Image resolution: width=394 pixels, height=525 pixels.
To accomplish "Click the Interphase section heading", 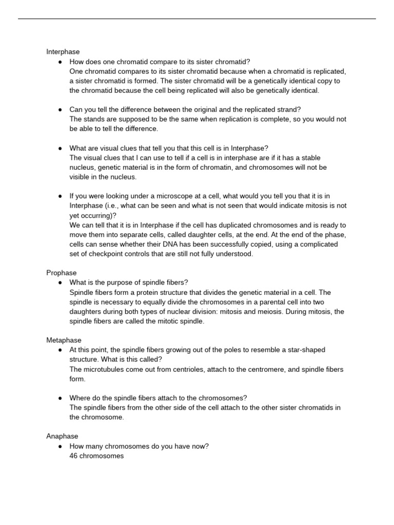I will click(x=63, y=52).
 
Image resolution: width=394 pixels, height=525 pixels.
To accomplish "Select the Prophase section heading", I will click(x=62, y=273).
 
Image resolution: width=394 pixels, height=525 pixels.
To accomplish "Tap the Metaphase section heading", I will click(x=64, y=340).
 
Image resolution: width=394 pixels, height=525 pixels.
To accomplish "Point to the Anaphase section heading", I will click(x=62, y=436).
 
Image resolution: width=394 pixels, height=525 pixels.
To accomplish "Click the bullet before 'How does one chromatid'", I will click(x=60, y=62).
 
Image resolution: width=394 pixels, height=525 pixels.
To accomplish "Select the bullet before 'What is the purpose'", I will click(x=60, y=282).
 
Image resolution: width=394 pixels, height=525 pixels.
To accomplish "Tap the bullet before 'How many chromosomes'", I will click(x=60, y=446).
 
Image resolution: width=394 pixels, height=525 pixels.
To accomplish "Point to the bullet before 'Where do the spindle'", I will click(x=60, y=398).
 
